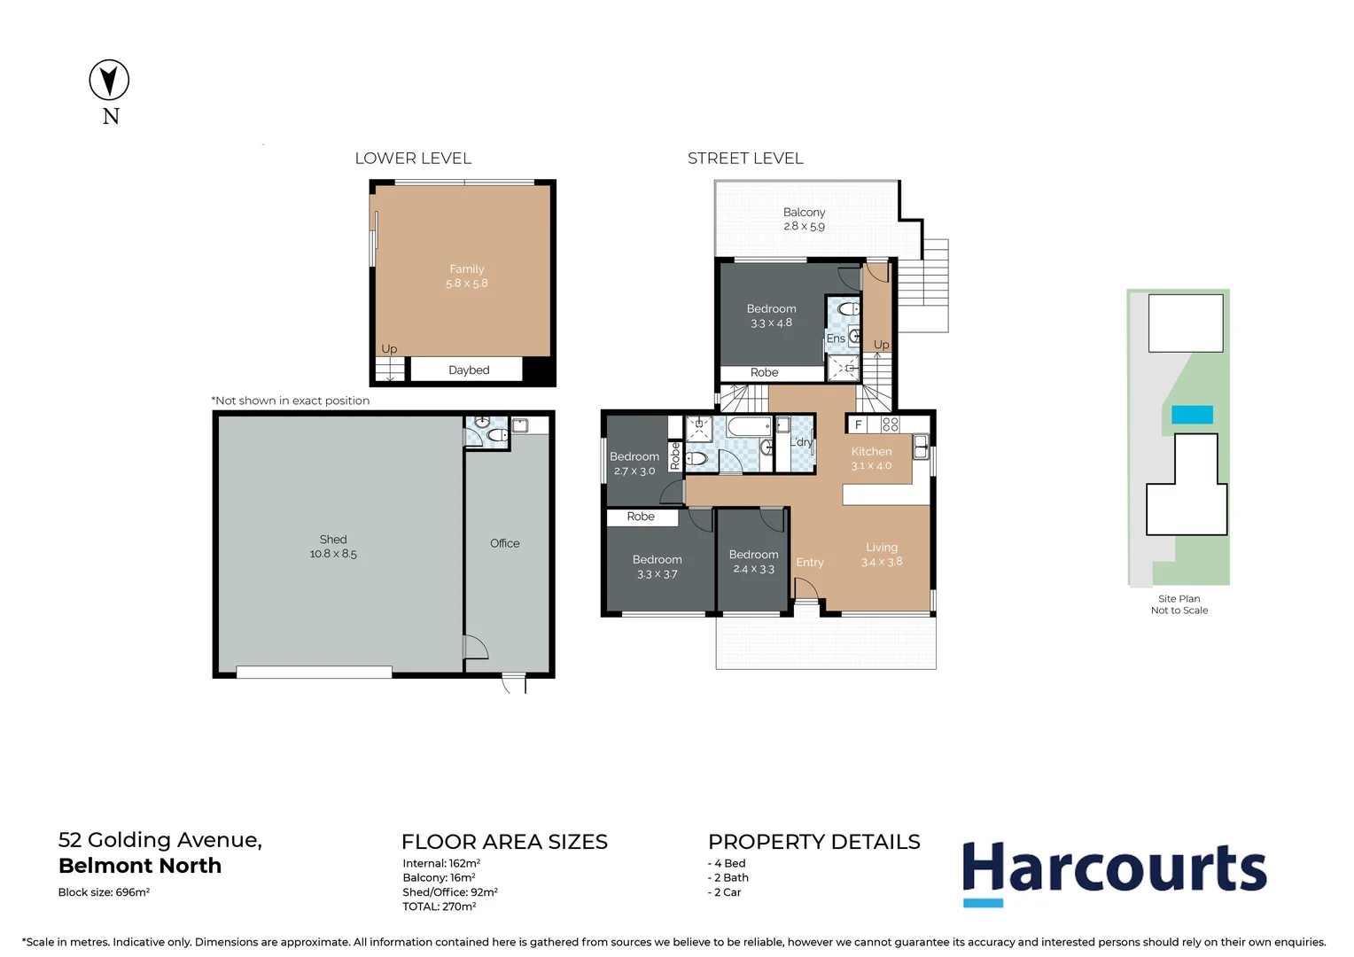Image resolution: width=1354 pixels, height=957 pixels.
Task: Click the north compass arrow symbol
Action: click(109, 80)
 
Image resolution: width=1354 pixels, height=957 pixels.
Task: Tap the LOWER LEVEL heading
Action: click(413, 159)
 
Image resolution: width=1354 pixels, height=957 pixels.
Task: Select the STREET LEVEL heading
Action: click(745, 159)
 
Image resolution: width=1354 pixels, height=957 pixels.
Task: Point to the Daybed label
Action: click(469, 370)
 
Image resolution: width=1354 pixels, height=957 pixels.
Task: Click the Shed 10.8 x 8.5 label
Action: click(333, 546)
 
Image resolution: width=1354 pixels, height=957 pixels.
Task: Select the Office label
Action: click(504, 543)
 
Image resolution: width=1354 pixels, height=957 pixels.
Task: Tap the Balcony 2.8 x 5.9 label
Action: click(804, 219)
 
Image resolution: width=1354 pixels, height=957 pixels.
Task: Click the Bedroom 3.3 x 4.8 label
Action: click(771, 315)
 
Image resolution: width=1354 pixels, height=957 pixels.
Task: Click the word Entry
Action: click(809, 563)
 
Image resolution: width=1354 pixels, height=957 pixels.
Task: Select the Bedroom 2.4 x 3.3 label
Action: click(753, 561)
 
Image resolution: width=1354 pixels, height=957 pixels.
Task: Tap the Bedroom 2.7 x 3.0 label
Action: click(634, 463)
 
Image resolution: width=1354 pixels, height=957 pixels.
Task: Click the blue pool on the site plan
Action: click(1192, 415)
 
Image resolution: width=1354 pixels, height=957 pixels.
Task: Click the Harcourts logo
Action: click(1114, 871)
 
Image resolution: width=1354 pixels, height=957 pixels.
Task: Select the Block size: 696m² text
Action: click(104, 892)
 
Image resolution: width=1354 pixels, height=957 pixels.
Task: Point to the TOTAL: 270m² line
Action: click(439, 906)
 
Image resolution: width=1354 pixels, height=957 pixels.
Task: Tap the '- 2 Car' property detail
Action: click(724, 892)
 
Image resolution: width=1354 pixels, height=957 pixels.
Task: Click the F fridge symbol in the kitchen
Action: click(858, 425)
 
